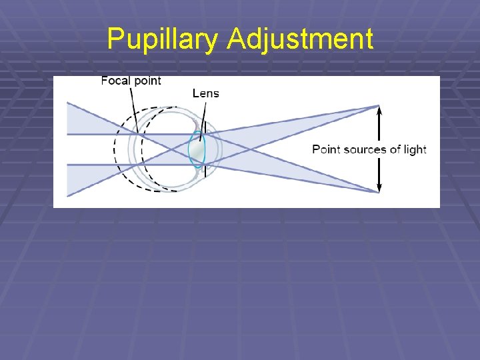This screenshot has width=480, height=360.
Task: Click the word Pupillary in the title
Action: point(162,39)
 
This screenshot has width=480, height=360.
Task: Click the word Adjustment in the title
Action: point(299,39)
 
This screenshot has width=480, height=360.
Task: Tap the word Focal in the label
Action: point(115,81)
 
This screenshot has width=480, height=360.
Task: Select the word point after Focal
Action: point(147,81)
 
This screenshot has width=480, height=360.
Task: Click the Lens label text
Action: point(205,93)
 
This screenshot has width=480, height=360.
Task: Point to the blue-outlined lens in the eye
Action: point(197,149)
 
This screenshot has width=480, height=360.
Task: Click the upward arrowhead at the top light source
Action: point(379,111)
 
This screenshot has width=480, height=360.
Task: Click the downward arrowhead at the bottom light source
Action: point(379,188)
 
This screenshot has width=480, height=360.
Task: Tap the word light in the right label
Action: point(415,149)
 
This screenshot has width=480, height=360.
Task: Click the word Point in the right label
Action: point(327,149)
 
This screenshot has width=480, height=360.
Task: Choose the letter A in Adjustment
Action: point(235,39)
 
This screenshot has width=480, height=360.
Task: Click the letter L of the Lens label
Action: point(195,93)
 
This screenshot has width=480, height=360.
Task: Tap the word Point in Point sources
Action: point(327,149)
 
